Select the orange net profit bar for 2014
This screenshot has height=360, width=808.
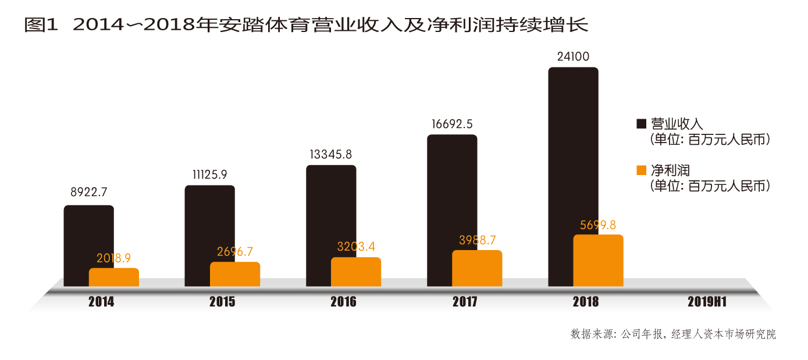pyautogui.click(x=114, y=277)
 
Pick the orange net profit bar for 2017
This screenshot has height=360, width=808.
pyautogui.click(x=477, y=269)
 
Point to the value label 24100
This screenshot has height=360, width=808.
pyautogui.click(x=573, y=56)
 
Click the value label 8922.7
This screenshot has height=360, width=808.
pyautogui.click(x=89, y=192)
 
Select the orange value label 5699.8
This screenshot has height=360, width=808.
pyautogui.click(x=597, y=224)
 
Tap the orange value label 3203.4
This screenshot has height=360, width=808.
pyautogui.click(x=356, y=247)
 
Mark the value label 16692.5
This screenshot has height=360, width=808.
pyautogui.click(x=452, y=124)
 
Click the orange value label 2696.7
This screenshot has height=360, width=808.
pyautogui.click(x=234, y=251)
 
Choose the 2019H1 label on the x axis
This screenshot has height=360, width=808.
pyautogui.click(x=707, y=302)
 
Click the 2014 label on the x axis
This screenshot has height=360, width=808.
pyautogui.click(x=101, y=302)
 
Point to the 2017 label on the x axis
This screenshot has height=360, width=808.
pyautogui.click(x=464, y=302)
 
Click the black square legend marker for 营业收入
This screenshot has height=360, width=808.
pyautogui.click(x=642, y=124)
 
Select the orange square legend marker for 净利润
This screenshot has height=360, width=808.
pyautogui.click(x=642, y=170)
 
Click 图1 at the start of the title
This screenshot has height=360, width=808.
pyautogui.click(x=41, y=25)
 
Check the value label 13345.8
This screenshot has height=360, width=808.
pyautogui.click(x=331, y=155)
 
